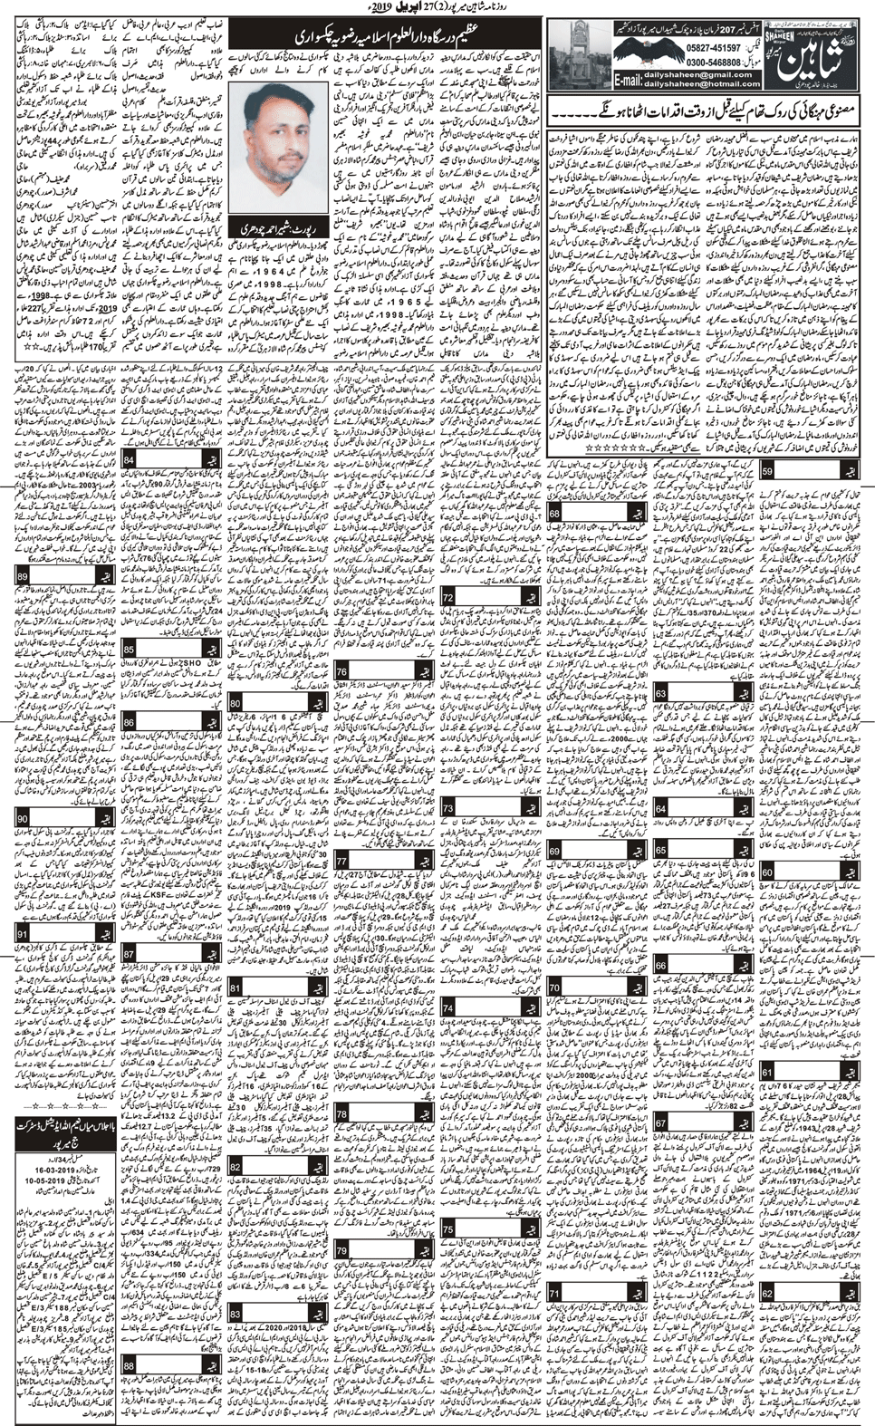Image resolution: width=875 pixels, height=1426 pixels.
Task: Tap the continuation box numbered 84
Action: pos(130,462)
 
